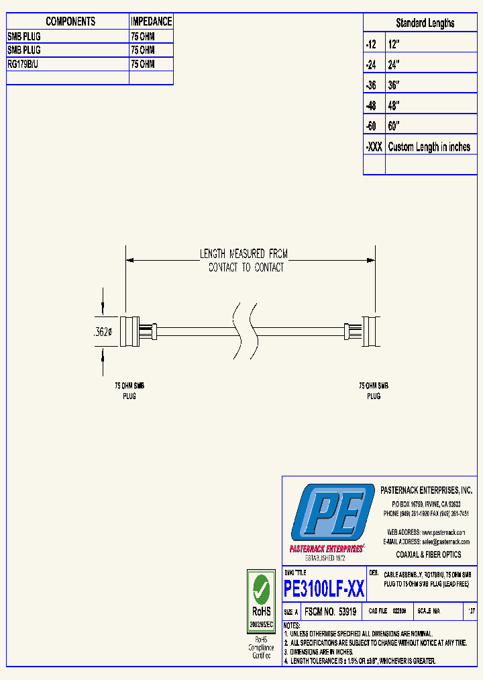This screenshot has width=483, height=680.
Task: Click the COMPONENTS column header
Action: point(70,22)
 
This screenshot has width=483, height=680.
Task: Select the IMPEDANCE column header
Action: point(151,22)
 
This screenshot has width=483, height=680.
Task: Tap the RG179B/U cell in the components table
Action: point(24,64)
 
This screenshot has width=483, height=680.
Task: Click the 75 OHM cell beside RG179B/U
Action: point(143,64)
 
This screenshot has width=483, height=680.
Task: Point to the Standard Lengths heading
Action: point(425,23)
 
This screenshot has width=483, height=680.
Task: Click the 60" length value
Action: point(394,126)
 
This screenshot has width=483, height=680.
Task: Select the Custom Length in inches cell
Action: point(429,147)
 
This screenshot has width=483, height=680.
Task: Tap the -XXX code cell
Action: point(374,147)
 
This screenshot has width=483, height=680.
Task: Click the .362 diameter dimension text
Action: point(103,331)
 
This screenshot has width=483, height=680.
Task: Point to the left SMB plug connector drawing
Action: point(139,332)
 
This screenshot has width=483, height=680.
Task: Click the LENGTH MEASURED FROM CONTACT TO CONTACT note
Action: point(244,261)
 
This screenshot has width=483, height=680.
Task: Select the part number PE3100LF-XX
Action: point(325,589)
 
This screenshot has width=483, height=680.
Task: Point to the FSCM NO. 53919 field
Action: point(330,612)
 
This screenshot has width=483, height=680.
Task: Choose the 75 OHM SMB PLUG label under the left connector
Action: point(129,391)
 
